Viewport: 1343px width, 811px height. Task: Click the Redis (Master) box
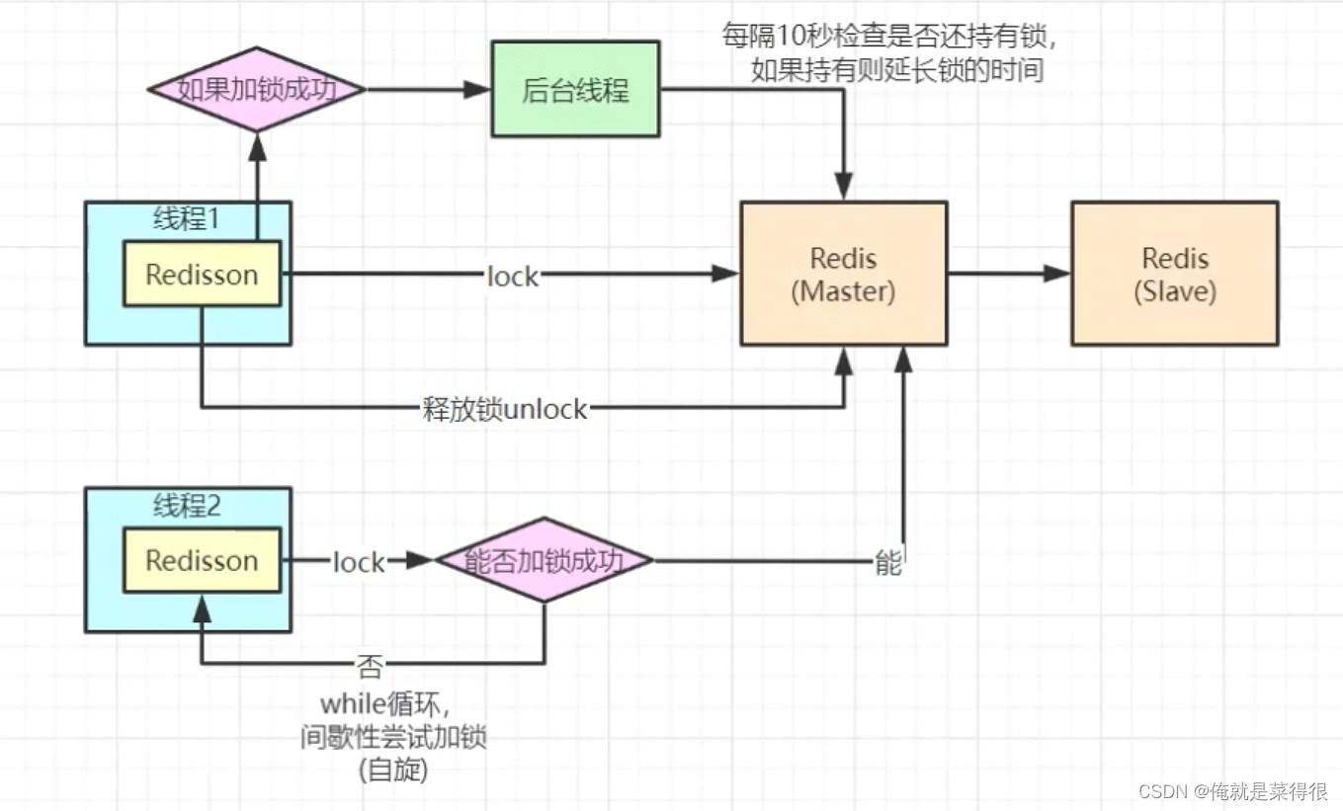tap(844, 274)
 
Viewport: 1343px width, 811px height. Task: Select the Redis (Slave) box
tap(1174, 274)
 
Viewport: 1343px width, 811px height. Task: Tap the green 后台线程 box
tap(575, 90)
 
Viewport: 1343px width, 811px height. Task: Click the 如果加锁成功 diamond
tap(257, 90)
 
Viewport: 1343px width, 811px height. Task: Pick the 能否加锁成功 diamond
tap(545, 561)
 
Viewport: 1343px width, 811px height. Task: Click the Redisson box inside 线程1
tap(202, 274)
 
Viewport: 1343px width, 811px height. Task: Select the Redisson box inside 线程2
tap(202, 560)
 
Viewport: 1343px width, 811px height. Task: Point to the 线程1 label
tap(187, 220)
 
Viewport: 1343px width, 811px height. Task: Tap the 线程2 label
tap(187, 507)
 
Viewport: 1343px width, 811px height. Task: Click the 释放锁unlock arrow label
tap(505, 408)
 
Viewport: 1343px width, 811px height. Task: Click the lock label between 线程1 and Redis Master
tap(513, 276)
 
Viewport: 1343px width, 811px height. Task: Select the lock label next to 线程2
tap(358, 562)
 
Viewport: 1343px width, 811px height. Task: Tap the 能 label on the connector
tap(887, 563)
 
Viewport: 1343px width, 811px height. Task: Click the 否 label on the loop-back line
tap(370, 667)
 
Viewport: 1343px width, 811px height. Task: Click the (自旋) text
tap(393, 770)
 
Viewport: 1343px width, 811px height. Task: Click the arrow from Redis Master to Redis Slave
tap(1009, 274)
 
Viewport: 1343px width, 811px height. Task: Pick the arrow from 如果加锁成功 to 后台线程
tap(428, 90)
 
